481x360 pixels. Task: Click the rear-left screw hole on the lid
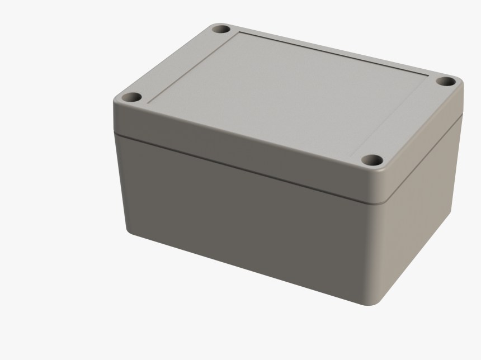(x=220, y=28)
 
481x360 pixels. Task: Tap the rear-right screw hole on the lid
(x=446, y=82)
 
